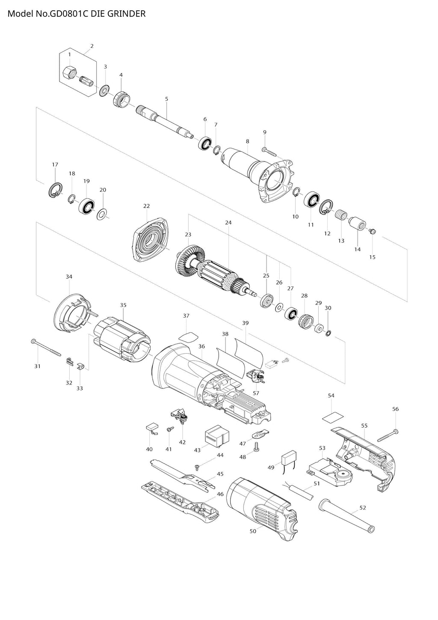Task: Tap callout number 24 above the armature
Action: pyautogui.click(x=228, y=223)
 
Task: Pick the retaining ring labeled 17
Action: pyautogui.click(x=55, y=190)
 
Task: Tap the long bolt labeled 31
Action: pyautogui.click(x=47, y=348)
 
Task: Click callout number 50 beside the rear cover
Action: pyautogui.click(x=253, y=531)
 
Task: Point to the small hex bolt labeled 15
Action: pyautogui.click(x=372, y=231)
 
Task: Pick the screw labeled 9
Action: pyautogui.click(x=269, y=150)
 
